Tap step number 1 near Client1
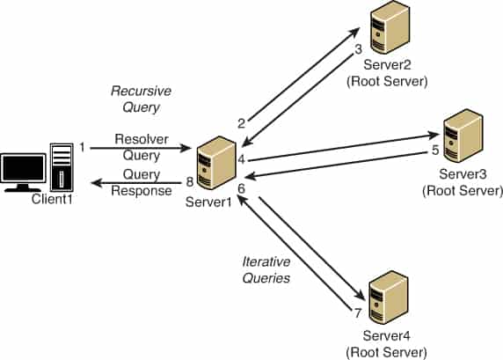click(x=82, y=146)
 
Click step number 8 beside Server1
click(x=188, y=182)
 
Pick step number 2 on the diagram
click(x=240, y=122)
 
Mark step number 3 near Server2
click(x=358, y=50)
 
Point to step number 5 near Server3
click(x=434, y=151)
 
